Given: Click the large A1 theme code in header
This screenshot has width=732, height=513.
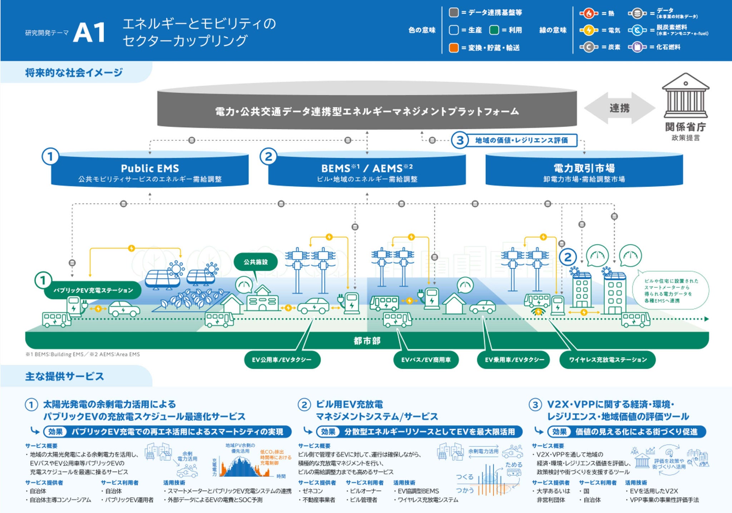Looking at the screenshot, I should pyautogui.click(x=89, y=33).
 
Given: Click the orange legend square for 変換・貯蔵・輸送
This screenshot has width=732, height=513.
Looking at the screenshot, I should pyautogui.click(x=454, y=48).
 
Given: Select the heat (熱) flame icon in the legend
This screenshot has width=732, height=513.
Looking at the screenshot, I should pyautogui.click(x=588, y=14).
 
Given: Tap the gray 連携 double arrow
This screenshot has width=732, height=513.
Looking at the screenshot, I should pyautogui.click(x=619, y=108).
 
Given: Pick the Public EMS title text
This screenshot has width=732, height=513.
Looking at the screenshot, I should pyautogui.click(x=150, y=168).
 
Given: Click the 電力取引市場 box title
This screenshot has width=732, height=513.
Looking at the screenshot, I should pyautogui.click(x=584, y=168).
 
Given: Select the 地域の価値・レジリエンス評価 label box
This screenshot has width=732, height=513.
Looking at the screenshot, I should pyautogui.click(x=521, y=140).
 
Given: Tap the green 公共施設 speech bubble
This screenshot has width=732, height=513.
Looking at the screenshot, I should pyautogui.click(x=256, y=262).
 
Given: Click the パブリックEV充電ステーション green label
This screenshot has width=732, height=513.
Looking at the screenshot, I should pyautogui.click(x=93, y=290).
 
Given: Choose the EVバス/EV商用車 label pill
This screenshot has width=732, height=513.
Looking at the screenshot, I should pyautogui.click(x=426, y=360).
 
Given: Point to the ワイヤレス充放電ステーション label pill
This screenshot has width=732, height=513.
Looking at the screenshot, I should pyautogui.click(x=608, y=360).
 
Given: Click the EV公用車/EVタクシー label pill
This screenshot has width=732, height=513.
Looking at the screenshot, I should pyautogui.click(x=282, y=360).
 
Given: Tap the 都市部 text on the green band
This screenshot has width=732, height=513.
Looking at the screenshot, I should pyautogui.click(x=367, y=340).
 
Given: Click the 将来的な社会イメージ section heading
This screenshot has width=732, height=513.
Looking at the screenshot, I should pyautogui.click(x=74, y=73).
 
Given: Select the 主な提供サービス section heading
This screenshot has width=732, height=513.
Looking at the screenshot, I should pyautogui.click(x=65, y=376).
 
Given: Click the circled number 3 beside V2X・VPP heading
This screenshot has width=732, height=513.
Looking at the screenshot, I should pyautogui.click(x=535, y=405).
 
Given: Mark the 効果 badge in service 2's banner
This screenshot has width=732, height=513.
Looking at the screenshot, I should pyautogui.click(x=328, y=432).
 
